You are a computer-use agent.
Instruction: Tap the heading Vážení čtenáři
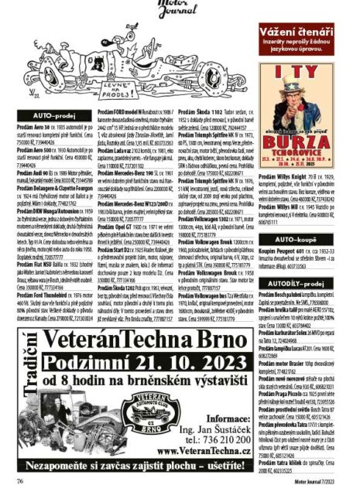306,29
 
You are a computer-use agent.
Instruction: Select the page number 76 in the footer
20,480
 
